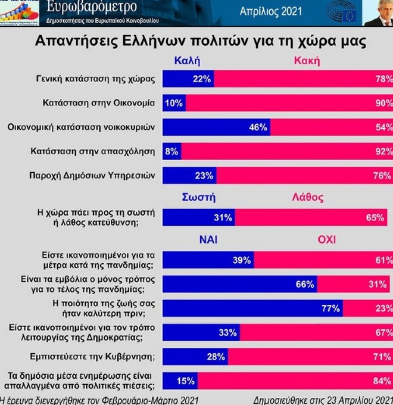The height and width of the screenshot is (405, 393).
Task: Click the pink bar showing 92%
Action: (286, 151)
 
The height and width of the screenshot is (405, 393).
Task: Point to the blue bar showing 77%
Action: (252, 308)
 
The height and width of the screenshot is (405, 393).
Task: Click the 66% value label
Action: (304, 284)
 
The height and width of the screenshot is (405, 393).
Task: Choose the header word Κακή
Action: (307, 60)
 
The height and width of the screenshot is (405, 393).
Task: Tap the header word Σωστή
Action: (199, 198)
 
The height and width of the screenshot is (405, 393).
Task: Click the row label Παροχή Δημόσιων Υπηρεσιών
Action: (92, 176)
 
